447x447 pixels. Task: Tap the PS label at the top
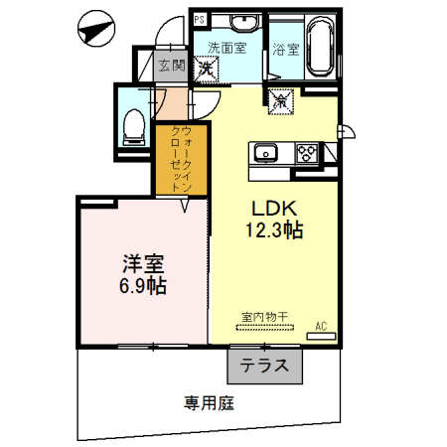[x=200, y=19]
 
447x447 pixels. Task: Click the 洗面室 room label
[x=225, y=47]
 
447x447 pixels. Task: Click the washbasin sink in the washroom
[x=241, y=23]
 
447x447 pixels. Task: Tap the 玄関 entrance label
[x=171, y=67]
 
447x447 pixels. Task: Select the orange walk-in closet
[x=180, y=159]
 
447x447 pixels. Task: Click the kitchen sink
[x=265, y=153]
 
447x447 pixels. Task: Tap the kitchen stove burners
[x=307, y=153]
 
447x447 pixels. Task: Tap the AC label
[x=321, y=325]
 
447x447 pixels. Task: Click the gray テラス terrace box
[x=263, y=366]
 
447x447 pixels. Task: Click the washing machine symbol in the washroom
[x=209, y=69]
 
